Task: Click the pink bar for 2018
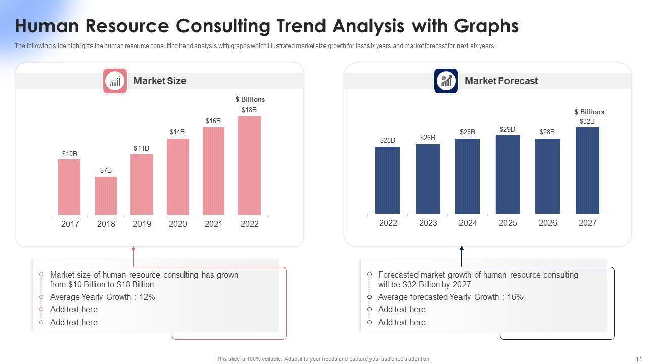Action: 106,196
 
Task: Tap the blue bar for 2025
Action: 507,174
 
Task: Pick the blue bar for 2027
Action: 587,170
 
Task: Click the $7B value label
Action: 106,171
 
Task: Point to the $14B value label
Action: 177,132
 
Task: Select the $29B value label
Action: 507,130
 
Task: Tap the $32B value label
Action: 587,122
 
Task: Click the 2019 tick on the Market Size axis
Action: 142,224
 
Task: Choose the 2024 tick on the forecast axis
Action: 468,223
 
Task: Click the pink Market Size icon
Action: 115,81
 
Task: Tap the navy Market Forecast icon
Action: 446,81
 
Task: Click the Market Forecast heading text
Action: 501,81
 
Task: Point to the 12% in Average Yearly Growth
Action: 147,297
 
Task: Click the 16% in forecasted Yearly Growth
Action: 515,297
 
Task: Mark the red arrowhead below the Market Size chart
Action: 133,248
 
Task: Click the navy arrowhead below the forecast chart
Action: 461,248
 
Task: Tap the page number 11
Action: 638,359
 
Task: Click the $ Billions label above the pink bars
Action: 250,100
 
